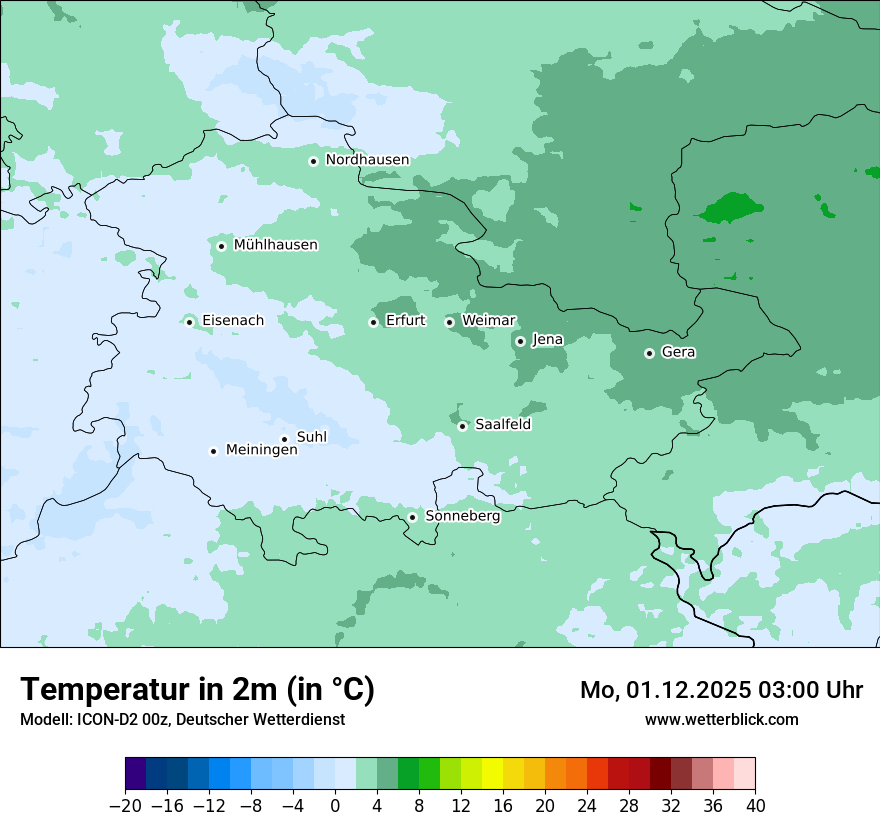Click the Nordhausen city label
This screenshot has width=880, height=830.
coord(367,160)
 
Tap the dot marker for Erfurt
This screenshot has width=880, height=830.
coord(373,322)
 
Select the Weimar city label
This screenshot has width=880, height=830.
coord(488,321)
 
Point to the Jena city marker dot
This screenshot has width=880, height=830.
coord(520,341)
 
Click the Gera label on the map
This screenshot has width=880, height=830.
coord(678,352)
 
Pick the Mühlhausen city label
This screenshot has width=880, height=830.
coord(275,245)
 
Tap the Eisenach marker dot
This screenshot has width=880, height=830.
coord(189,321)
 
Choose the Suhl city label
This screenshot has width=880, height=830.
coord(312,437)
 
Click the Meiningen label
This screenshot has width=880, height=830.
coord(261,451)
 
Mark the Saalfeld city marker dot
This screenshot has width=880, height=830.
coord(462,426)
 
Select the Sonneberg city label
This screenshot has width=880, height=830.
coord(462,517)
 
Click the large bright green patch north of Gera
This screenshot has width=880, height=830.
coord(732,208)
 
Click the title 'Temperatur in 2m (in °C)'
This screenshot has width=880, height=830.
coord(197,690)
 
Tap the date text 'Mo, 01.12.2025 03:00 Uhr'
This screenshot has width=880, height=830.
coord(721,690)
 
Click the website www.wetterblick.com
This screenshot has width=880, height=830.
coord(721,719)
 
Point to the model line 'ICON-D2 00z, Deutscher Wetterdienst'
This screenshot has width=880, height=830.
coord(182,719)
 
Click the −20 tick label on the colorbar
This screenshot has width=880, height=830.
coord(125,806)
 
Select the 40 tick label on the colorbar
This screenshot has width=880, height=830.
coord(755,806)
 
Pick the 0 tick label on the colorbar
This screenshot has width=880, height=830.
coord(335,806)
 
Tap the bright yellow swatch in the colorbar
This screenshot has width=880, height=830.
coord(492,774)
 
